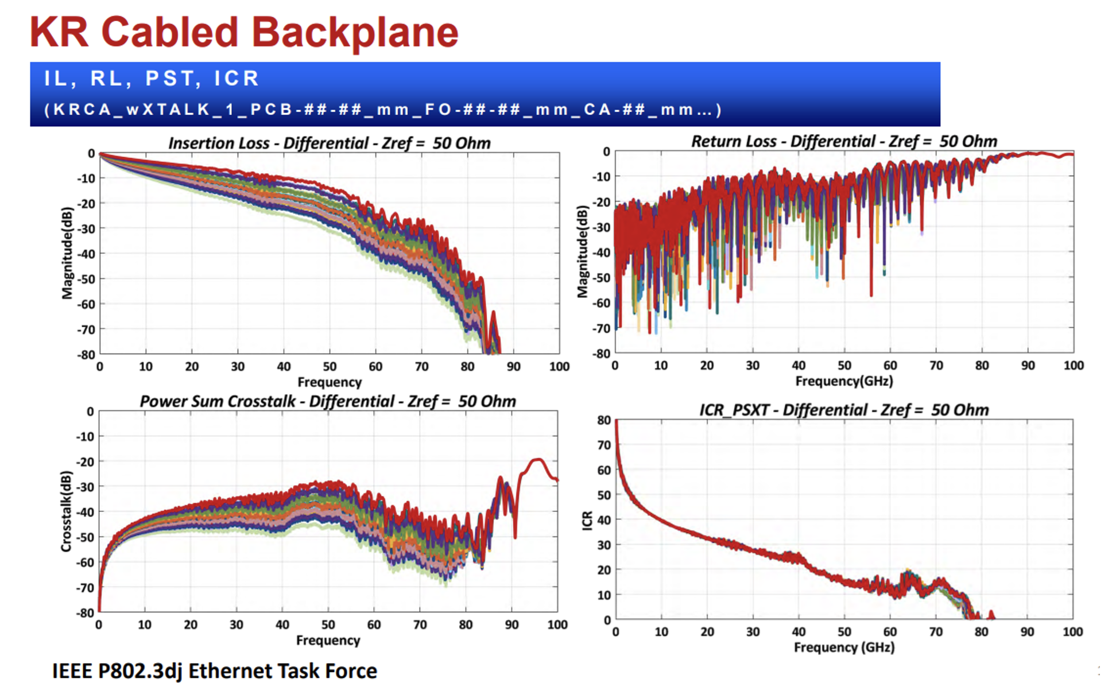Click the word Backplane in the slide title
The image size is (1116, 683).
[x=355, y=33]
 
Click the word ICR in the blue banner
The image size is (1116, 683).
[x=237, y=78]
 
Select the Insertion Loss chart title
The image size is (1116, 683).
[x=329, y=143]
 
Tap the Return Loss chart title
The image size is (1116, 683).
[x=844, y=141]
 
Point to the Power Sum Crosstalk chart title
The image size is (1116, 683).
[x=328, y=401]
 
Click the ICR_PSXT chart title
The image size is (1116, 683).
[x=844, y=410]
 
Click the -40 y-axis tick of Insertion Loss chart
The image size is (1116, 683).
[x=86, y=254]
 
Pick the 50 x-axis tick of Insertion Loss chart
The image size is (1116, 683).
[x=330, y=367]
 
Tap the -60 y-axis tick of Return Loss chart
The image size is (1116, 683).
[x=601, y=303]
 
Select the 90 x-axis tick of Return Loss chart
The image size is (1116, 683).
[x=1028, y=366]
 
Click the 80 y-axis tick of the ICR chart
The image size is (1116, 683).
[x=604, y=420]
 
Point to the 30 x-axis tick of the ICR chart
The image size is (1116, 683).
[x=753, y=632]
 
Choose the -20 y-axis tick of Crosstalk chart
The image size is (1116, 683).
[x=86, y=462]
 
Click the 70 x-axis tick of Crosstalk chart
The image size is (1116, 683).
[x=420, y=625]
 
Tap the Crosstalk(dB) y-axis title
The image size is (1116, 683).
[x=66, y=511]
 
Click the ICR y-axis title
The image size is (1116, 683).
[x=587, y=520]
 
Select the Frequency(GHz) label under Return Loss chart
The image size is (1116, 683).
[x=844, y=381]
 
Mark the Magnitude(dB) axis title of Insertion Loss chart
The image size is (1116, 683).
[x=67, y=253]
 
